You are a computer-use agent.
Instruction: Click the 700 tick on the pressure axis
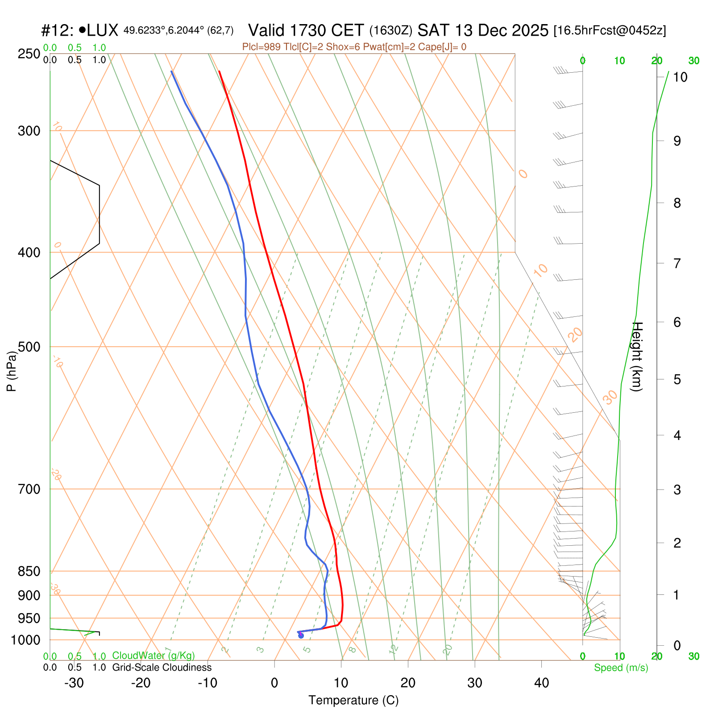29,489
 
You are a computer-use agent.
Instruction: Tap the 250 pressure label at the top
29,54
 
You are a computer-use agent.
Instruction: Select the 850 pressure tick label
29,571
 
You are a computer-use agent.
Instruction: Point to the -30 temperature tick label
74,683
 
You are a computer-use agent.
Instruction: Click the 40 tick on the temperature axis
541,683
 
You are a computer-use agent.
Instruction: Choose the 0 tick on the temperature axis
274,683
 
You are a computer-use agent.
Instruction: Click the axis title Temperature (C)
353,701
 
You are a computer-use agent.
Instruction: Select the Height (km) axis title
637,357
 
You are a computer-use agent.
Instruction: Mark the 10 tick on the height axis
680,77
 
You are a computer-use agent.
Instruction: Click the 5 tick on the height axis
677,380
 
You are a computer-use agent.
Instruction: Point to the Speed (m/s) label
621,668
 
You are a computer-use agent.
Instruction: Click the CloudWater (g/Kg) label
154,656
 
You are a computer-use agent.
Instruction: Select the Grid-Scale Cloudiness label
162,668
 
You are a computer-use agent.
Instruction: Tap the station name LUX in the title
103,31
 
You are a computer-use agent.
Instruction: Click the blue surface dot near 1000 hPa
301,635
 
